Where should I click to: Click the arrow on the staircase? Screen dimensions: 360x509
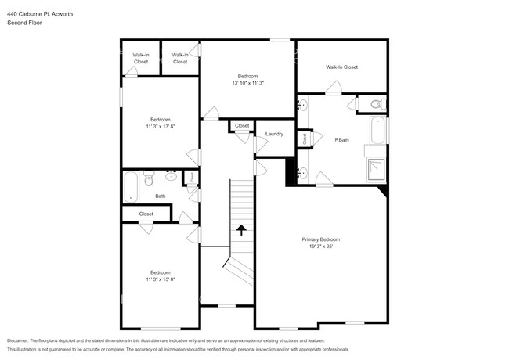pos(241,229)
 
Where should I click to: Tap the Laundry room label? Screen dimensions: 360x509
pos(274,134)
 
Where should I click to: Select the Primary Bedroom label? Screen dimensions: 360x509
pos(321,239)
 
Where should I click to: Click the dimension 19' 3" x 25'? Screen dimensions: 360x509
pos(321,247)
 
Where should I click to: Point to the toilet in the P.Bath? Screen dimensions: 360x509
pos(375,103)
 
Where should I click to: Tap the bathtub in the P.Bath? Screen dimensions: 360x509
pos(377,130)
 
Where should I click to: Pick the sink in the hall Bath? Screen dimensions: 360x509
pos(171,177)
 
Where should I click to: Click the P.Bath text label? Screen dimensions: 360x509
pos(341,140)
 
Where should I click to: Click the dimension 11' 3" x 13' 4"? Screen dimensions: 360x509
pos(161,126)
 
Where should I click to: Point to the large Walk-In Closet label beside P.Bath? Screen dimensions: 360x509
pos(342,67)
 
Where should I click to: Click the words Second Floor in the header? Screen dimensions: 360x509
pos(24,23)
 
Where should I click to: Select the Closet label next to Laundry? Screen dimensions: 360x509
pos(242,125)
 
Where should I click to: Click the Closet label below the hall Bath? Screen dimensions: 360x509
pos(146,214)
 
